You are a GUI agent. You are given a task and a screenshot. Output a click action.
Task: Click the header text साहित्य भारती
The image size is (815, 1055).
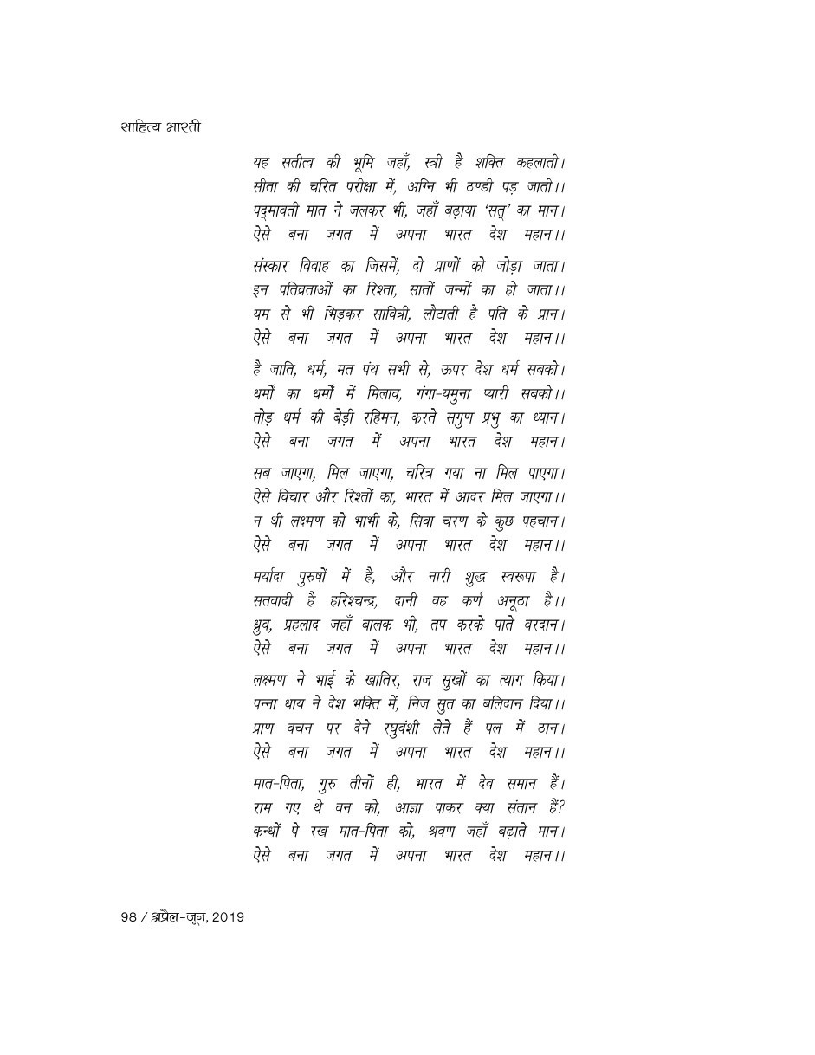161,127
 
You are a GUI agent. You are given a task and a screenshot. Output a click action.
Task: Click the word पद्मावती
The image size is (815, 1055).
278,210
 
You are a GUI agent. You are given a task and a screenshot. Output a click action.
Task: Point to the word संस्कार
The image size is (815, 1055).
274,265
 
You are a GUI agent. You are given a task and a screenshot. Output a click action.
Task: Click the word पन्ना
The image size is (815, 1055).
263,704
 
